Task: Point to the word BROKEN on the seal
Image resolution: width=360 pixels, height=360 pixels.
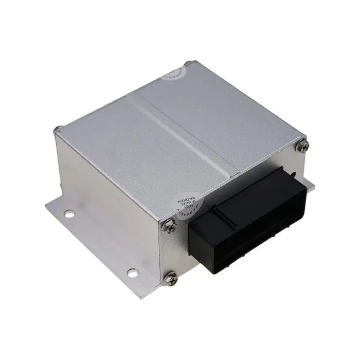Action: coord(181,195)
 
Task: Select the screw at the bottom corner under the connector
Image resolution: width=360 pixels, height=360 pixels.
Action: coord(173,278)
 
